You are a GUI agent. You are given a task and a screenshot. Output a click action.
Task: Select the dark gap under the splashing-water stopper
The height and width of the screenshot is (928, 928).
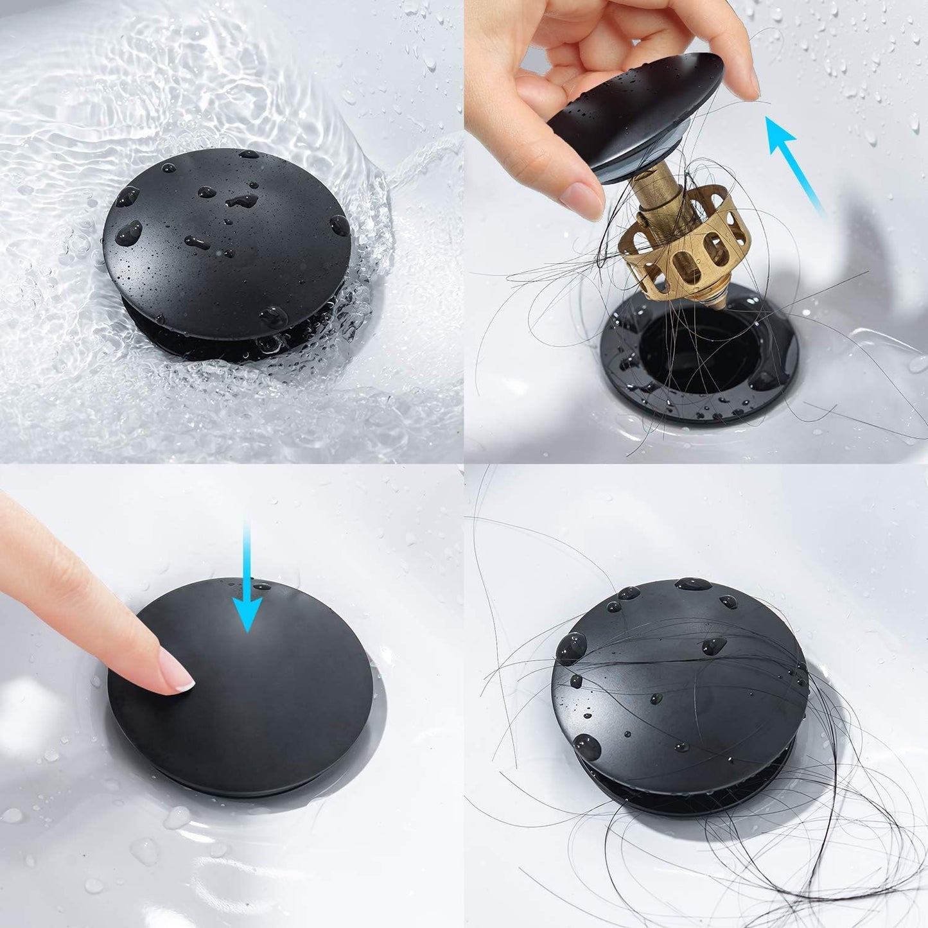click(x=212, y=344)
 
